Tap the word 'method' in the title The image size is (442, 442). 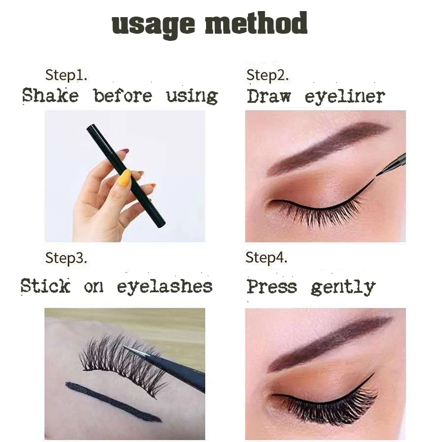[256, 23]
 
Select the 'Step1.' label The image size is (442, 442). [66, 75]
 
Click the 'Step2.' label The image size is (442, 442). [267, 75]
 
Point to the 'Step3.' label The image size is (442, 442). [66, 258]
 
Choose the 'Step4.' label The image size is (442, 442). [266, 258]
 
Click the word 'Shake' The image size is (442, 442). [50, 95]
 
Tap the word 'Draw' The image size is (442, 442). [269, 96]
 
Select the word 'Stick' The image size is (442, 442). [45, 286]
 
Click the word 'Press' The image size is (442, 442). [272, 287]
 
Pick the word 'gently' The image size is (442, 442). [343, 287]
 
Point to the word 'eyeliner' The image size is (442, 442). [345, 97]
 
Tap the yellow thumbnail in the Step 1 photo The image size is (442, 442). [124, 177]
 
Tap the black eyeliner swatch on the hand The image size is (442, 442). [114, 402]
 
